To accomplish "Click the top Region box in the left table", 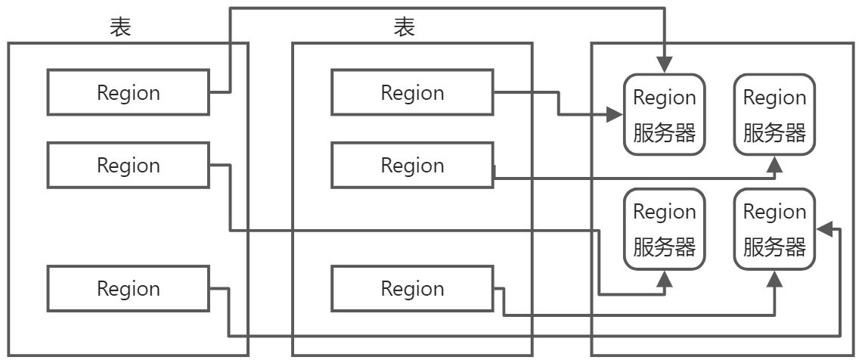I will click(x=129, y=92).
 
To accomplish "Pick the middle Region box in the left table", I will click(x=129, y=165).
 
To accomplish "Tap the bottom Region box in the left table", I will click(x=129, y=288).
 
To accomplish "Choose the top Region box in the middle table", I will click(x=412, y=92).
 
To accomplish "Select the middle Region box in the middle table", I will click(x=412, y=165).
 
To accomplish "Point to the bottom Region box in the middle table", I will click(x=412, y=288).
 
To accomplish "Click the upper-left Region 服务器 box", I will click(x=665, y=114).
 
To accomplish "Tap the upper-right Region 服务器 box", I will click(x=775, y=114).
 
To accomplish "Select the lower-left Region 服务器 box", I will click(x=665, y=229).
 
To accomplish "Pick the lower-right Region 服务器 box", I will click(x=775, y=229).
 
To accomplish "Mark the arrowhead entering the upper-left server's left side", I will click(x=613, y=115).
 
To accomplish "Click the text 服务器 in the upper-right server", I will click(x=775, y=133).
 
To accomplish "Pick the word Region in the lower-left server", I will click(x=665, y=211).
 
